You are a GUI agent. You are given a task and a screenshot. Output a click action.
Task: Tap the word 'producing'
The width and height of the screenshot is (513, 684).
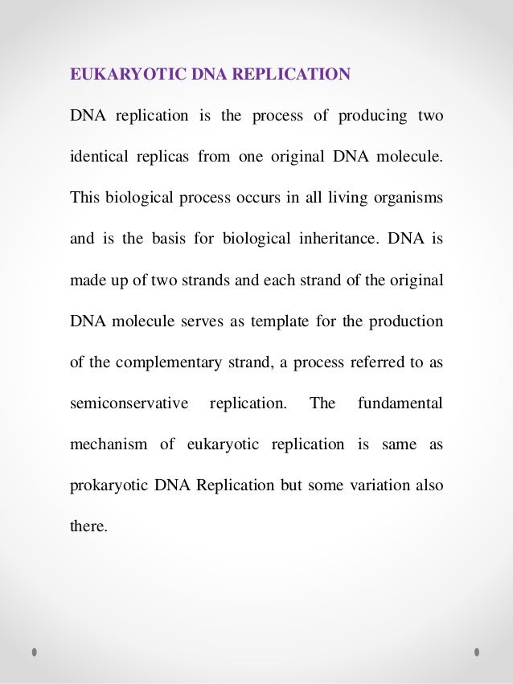(x=373, y=116)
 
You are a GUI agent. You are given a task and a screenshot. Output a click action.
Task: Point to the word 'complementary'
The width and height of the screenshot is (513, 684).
(x=166, y=362)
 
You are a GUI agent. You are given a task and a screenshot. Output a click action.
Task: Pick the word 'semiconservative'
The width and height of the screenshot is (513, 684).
(x=129, y=403)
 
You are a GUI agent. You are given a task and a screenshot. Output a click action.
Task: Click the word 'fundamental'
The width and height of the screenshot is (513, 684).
(x=400, y=403)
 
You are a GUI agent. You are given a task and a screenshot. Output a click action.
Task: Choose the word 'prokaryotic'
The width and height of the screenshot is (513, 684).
(x=106, y=486)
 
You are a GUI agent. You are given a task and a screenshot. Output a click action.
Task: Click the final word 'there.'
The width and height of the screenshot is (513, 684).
(x=88, y=526)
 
